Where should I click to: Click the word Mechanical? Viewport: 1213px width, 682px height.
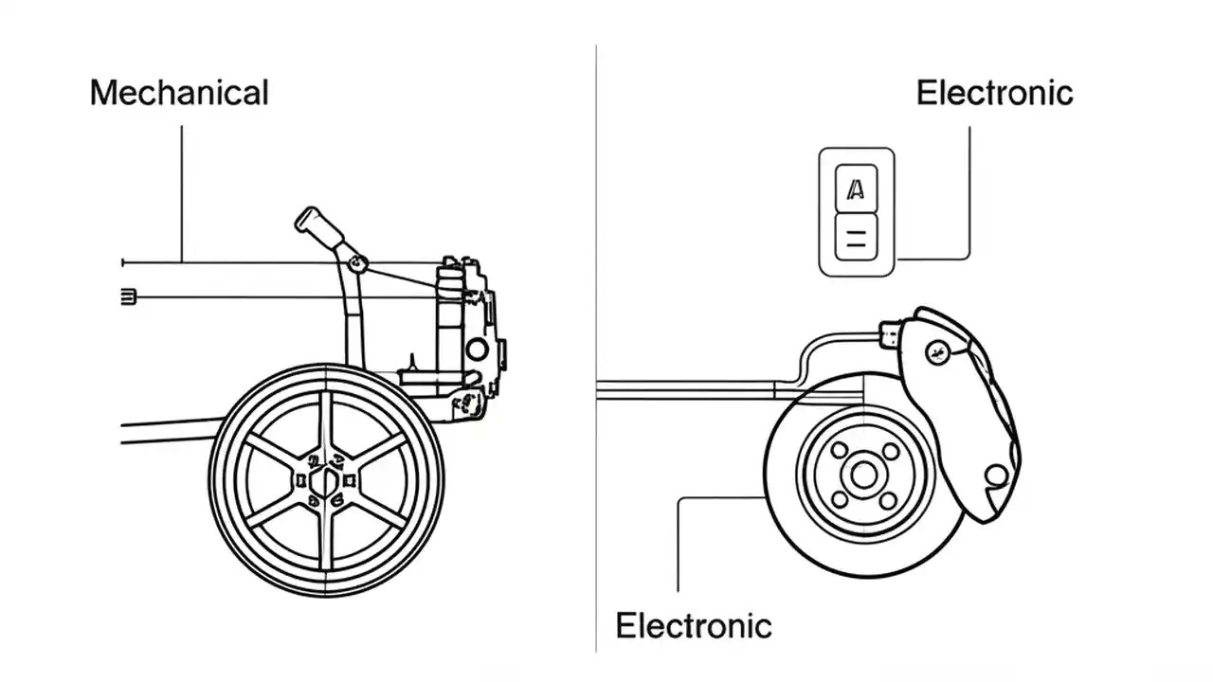(179, 93)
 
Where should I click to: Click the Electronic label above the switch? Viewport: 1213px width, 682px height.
(994, 93)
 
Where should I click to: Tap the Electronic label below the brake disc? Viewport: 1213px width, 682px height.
(693, 626)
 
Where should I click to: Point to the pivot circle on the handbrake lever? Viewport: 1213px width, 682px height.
(356, 263)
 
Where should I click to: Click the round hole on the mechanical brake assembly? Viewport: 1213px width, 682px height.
(478, 350)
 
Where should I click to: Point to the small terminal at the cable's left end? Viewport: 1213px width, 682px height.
(130, 297)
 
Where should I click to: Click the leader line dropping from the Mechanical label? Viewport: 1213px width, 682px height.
(181, 189)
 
